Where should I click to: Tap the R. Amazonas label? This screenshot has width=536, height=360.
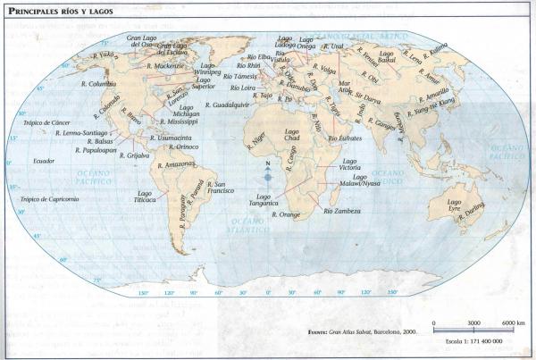point(175,165)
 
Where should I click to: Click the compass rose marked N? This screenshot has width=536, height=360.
point(268,175)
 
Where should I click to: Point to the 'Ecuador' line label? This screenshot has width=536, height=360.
point(44,161)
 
